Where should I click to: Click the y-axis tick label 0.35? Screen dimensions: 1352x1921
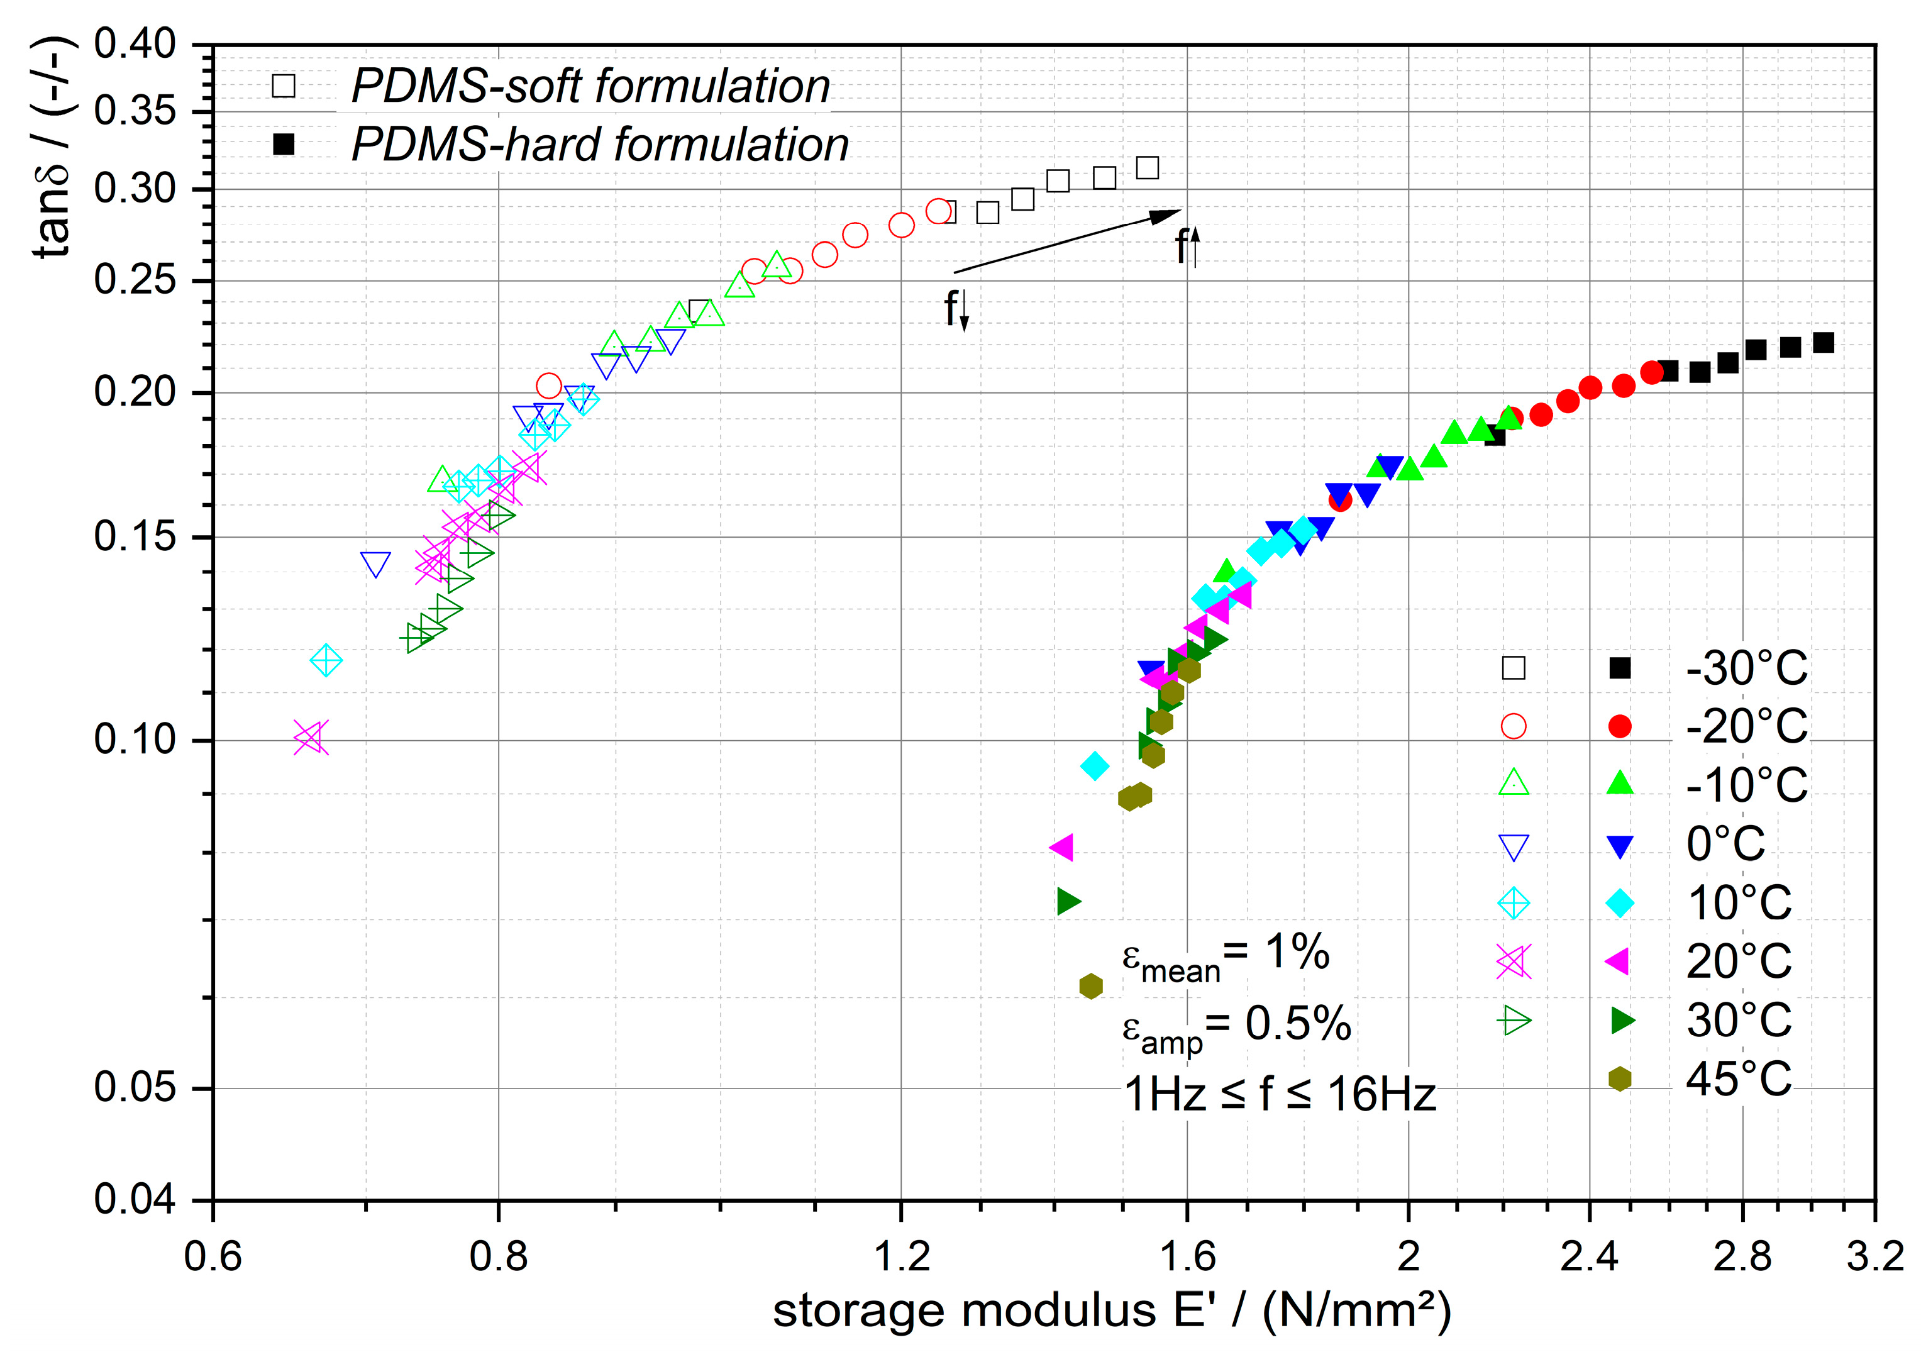pyautogui.click(x=134, y=111)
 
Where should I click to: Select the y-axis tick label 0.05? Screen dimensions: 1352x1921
pyautogui.click(x=134, y=1088)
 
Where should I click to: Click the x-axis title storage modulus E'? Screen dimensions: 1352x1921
pyautogui.click(x=1111, y=1311)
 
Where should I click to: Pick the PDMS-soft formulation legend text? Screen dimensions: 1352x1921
pyautogui.click(x=590, y=86)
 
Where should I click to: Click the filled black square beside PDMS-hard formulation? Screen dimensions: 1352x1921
pyautogui.click(x=284, y=144)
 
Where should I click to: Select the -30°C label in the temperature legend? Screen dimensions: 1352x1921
pyautogui.click(x=1746, y=668)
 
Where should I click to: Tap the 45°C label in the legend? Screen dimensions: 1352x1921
pyautogui.click(x=1739, y=1079)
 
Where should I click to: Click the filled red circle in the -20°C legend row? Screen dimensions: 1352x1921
pyautogui.click(x=1620, y=726)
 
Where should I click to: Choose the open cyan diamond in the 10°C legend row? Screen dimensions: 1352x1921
pyautogui.click(x=1514, y=904)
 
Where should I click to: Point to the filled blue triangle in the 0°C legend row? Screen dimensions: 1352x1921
pyautogui.click(x=1620, y=846)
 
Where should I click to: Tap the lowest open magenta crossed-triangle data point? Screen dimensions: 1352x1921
pyautogui.click(x=311, y=738)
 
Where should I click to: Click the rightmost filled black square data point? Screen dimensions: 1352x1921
pyautogui.click(x=1823, y=342)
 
